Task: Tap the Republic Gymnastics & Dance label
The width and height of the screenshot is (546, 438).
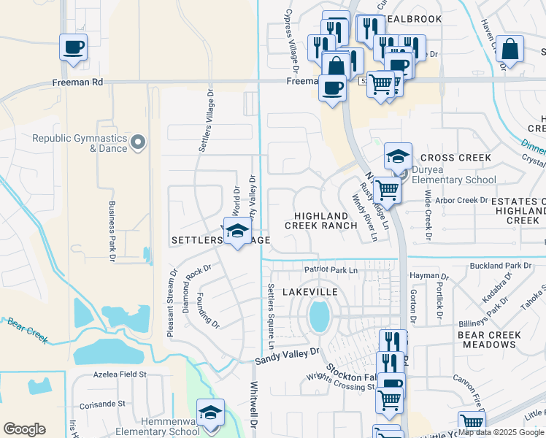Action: pos(80,143)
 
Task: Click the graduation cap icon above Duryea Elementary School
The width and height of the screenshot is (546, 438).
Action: pos(398,156)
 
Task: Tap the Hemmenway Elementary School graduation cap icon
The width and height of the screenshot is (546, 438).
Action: pos(210,411)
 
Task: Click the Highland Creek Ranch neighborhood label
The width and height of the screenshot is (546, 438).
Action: pos(321,220)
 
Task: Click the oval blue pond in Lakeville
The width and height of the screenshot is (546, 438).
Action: pos(318,316)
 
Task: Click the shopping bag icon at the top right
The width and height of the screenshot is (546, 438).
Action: pos(511,50)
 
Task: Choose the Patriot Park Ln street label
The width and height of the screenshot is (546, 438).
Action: pos(331,270)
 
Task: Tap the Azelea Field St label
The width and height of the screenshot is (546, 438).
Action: pos(120,374)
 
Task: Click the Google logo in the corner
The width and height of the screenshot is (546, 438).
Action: pos(24,429)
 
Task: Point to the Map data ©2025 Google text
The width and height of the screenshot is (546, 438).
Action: pos(501,432)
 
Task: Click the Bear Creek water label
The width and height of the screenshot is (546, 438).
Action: pos(27,330)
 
